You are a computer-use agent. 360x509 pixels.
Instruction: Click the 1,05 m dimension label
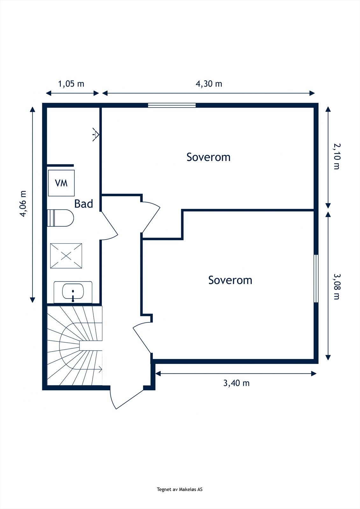coord(71,84)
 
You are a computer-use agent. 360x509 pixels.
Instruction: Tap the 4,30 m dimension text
coord(209,84)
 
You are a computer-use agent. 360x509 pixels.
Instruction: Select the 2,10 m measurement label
coord(337,156)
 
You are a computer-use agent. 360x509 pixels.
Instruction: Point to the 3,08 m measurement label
coord(337,286)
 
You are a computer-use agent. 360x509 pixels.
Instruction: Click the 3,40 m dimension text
coord(236,383)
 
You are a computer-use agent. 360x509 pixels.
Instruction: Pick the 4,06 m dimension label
coord(23,204)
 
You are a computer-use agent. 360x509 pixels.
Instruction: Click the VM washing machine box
coord(61,183)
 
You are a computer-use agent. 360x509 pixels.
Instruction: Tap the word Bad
coord(83,204)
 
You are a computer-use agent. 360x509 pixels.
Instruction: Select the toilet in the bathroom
coord(61,218)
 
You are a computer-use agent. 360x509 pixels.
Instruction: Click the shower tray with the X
coord(66,256)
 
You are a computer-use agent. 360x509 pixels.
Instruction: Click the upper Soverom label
coord(208,157)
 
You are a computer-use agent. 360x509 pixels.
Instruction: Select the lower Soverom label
coord(230,280)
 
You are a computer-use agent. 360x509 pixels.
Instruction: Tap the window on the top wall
coord(172,105)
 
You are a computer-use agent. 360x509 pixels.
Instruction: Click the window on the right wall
coord(316,278)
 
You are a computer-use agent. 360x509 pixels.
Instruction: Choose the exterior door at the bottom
coord(127,398)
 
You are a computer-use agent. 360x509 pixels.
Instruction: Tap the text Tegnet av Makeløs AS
coord(180,490)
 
